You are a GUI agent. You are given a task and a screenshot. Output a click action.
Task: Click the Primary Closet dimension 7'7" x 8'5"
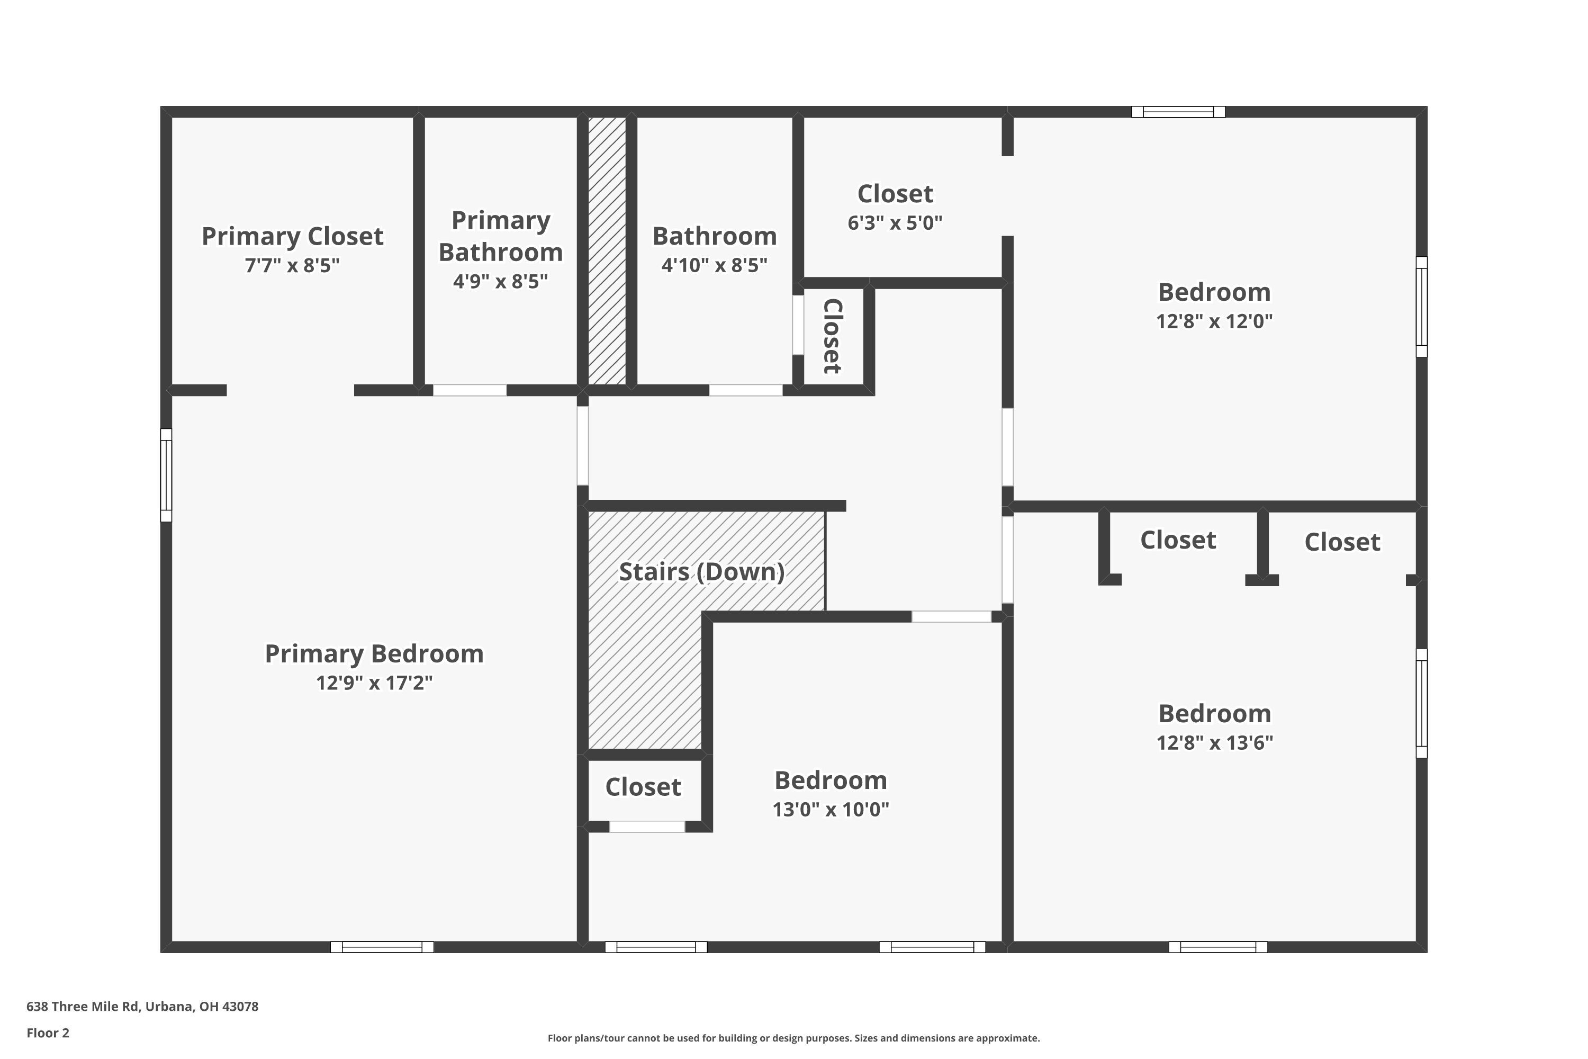(292, 265)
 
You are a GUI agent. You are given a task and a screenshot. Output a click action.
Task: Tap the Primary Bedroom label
(374, 654)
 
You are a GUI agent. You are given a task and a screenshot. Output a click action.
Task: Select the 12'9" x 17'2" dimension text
(374, 683)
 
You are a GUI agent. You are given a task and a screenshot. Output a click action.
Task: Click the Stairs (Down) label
(701, 572)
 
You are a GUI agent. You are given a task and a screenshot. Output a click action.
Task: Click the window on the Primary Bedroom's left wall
(166, 475)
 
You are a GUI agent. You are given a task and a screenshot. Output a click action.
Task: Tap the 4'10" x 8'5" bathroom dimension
(714, 265)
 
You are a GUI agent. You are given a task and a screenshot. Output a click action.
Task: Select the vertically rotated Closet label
(833, 336)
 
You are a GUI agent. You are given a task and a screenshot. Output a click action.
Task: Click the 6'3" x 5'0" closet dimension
(895, 223)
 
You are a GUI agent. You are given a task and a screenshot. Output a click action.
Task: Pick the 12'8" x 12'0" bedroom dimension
(1214, 321)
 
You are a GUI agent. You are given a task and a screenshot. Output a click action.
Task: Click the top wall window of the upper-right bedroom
(1178, 112)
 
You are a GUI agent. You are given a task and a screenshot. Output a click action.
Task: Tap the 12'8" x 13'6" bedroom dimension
(1215, 743)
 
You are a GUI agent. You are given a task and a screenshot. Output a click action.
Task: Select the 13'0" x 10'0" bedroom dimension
(831, 809)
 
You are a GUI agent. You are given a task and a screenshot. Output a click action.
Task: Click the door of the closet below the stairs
(647, 827)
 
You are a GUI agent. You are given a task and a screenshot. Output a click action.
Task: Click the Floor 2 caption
(48, 1033)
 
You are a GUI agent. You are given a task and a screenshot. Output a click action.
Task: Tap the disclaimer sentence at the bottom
(793, 1038)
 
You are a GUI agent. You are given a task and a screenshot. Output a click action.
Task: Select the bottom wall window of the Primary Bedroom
(382, 947)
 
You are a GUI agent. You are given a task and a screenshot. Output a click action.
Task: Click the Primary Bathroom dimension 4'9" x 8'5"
(500, 282)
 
